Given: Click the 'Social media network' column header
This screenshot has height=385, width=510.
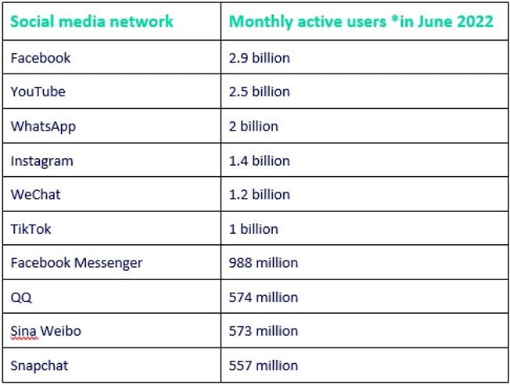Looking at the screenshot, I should click(92, 22).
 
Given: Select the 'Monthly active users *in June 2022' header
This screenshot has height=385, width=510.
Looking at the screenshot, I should click(361, 22).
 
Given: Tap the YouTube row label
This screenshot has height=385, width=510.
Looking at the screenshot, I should click(38, 92).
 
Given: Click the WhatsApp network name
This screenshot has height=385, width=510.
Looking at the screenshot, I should click(43, 126).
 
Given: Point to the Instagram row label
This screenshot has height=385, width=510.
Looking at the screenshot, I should click(41, 160).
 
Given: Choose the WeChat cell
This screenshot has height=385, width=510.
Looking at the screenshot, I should click(35, 194).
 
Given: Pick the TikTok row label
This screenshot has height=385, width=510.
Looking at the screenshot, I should click(32, 228).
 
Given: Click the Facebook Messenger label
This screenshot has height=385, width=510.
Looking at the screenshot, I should click(77, 263).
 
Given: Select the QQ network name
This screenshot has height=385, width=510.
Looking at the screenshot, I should click(21, 297).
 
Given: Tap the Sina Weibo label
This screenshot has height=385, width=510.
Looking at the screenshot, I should click(45, 331).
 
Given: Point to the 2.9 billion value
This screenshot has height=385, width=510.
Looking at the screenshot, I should click(259, 57).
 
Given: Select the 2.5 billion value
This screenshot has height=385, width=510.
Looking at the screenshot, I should click(259, 92).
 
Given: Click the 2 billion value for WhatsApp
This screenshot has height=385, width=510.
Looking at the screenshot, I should click(253, 126).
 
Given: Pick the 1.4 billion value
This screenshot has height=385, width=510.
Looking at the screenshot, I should click(259, 160).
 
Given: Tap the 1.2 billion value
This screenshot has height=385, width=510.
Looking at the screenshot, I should click(259, 194).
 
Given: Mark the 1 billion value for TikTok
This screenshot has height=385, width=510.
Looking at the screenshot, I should click(253, 228).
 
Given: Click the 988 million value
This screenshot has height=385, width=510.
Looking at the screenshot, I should click(264, 263).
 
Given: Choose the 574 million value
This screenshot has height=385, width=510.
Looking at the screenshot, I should click(264, 297).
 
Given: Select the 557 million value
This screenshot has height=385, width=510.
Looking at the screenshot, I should click(264, 365).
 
